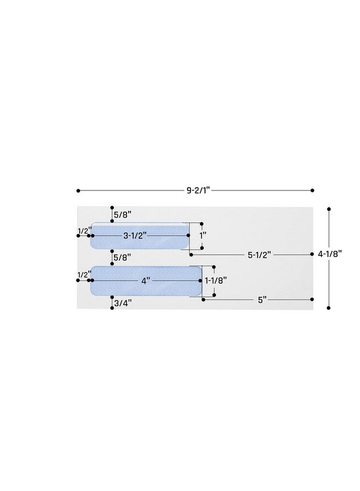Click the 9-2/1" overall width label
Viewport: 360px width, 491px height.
pos(198,190)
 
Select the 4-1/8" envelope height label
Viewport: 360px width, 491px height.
pos(329,254)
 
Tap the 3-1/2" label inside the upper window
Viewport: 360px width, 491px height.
pos(135,236)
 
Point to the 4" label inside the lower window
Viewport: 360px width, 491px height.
pos(146,281)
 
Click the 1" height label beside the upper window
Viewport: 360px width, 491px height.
pos(203,236)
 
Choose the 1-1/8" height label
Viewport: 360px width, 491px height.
pos(215,280)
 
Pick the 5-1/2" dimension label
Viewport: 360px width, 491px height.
pos(260,255)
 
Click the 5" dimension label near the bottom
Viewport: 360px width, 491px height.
pos(262,300)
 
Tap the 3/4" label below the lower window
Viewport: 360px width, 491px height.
pos(123,303)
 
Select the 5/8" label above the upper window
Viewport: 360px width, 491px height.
pos(122,215)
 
